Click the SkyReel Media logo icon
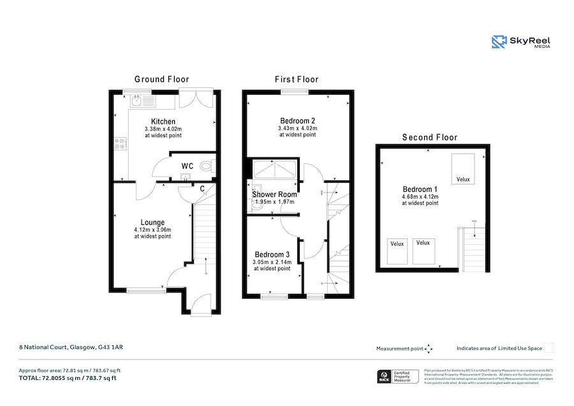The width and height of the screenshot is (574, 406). (499, 42)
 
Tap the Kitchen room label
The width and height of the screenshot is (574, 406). (163, 121)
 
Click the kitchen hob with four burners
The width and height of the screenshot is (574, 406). (121, 144)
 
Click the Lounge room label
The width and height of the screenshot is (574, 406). (152, 222)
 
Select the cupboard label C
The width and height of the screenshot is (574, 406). (202, 189)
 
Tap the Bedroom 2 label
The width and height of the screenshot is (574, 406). (297, 120)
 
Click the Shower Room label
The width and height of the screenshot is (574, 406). (274, 194)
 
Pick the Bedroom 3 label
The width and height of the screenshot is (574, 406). (272, 254)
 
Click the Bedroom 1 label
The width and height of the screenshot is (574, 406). (420, 189)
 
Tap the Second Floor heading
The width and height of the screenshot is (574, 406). (429, 137)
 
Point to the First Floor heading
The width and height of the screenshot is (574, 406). (297, 80)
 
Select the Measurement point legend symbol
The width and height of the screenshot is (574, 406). (429, 349)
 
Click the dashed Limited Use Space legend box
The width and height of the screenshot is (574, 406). (548, 348)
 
